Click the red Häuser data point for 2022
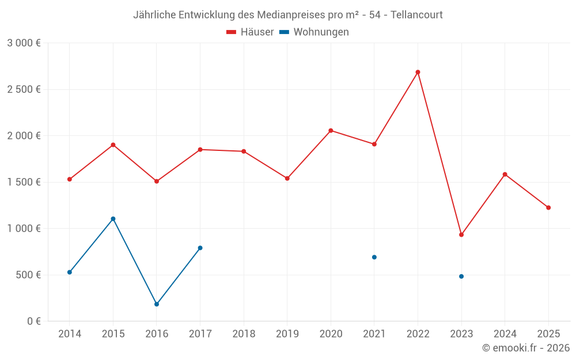pos(418,72)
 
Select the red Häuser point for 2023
pos(461,234)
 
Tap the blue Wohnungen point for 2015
pos(113,219)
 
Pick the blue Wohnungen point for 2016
pos(157,304)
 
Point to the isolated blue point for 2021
pos(374,257)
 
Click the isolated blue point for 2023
pos(461,276)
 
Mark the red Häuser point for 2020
pos(331,130)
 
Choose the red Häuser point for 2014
pos(70,179)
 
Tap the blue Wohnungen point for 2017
pos(200,248)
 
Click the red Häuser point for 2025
pos(548,207)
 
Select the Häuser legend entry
pos(250,32)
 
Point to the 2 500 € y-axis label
pos(24,89)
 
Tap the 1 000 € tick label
pos(24,228)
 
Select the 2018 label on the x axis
pos(244,334)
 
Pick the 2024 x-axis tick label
pos(505,334)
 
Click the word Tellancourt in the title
pos(416,15)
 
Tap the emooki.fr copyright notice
pos(526,348)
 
